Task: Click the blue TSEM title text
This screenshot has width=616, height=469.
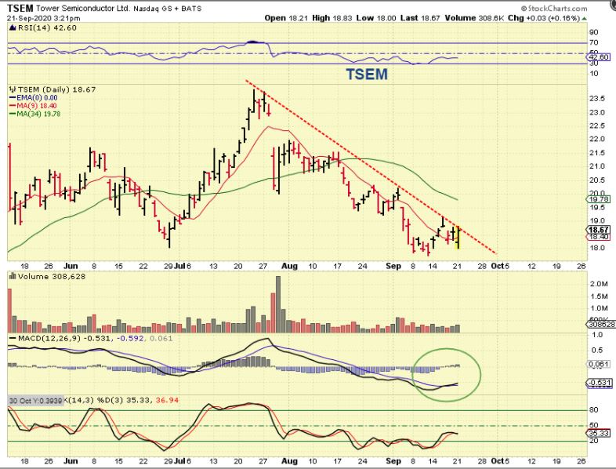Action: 368,75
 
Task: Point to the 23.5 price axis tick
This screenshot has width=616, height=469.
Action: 596,98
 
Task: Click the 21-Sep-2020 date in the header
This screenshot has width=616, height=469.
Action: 31,16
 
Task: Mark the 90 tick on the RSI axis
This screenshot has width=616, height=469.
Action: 593,32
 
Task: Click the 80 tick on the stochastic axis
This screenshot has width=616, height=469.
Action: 593,410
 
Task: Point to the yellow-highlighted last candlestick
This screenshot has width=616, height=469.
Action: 457,238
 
